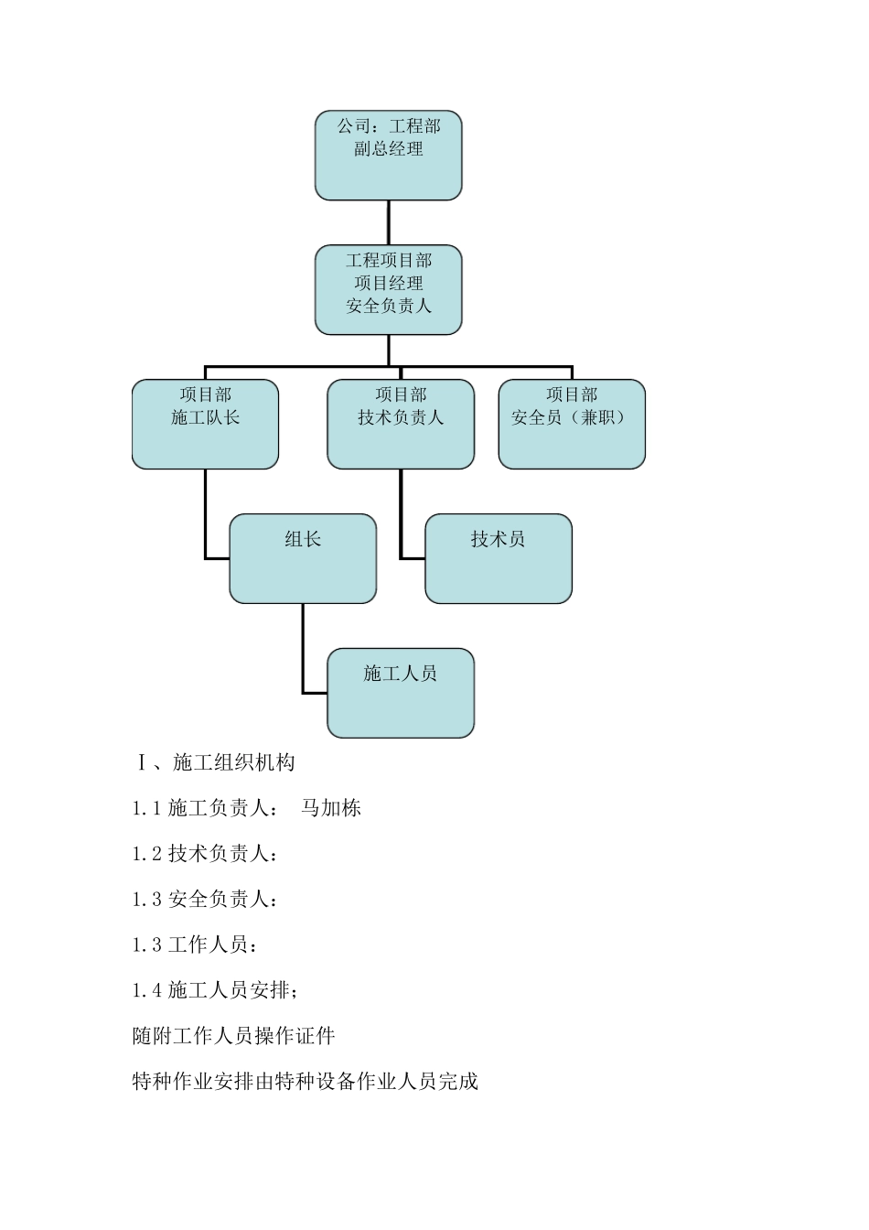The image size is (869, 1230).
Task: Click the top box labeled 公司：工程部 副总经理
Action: click(388, 156)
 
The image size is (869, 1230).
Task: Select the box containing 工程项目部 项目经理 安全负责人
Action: click(388, 289)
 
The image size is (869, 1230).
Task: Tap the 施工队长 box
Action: click(205, 424)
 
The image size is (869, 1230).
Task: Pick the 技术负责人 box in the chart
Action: click(401, 424)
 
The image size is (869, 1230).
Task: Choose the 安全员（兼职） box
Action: click(571, 424)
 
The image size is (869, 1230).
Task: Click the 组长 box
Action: click(302, 558)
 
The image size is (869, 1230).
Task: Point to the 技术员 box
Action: click(498, 558)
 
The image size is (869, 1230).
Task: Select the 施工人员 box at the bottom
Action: click(401, 693)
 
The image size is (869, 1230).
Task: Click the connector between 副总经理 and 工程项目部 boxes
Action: click(389, 222)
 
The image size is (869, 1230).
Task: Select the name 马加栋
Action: click(331, 808)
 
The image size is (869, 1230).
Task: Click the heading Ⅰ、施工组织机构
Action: click(216, 761)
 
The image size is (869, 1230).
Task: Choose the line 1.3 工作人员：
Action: click(195, 944)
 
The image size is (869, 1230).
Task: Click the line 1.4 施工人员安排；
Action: click(215, 990)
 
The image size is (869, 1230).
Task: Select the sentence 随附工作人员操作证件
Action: click(234, 1036)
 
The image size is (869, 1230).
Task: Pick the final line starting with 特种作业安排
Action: click(306, 1082)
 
